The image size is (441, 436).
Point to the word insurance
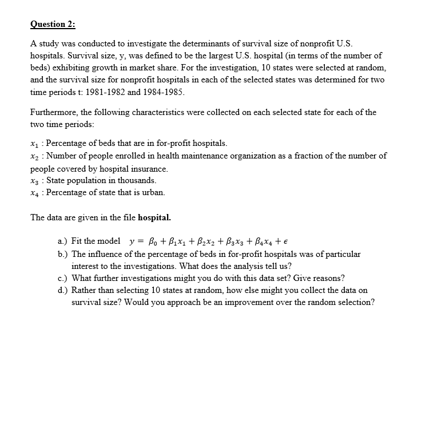pos(150,169)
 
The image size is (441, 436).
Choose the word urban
pos(152,193)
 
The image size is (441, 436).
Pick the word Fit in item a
pos(78,241)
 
